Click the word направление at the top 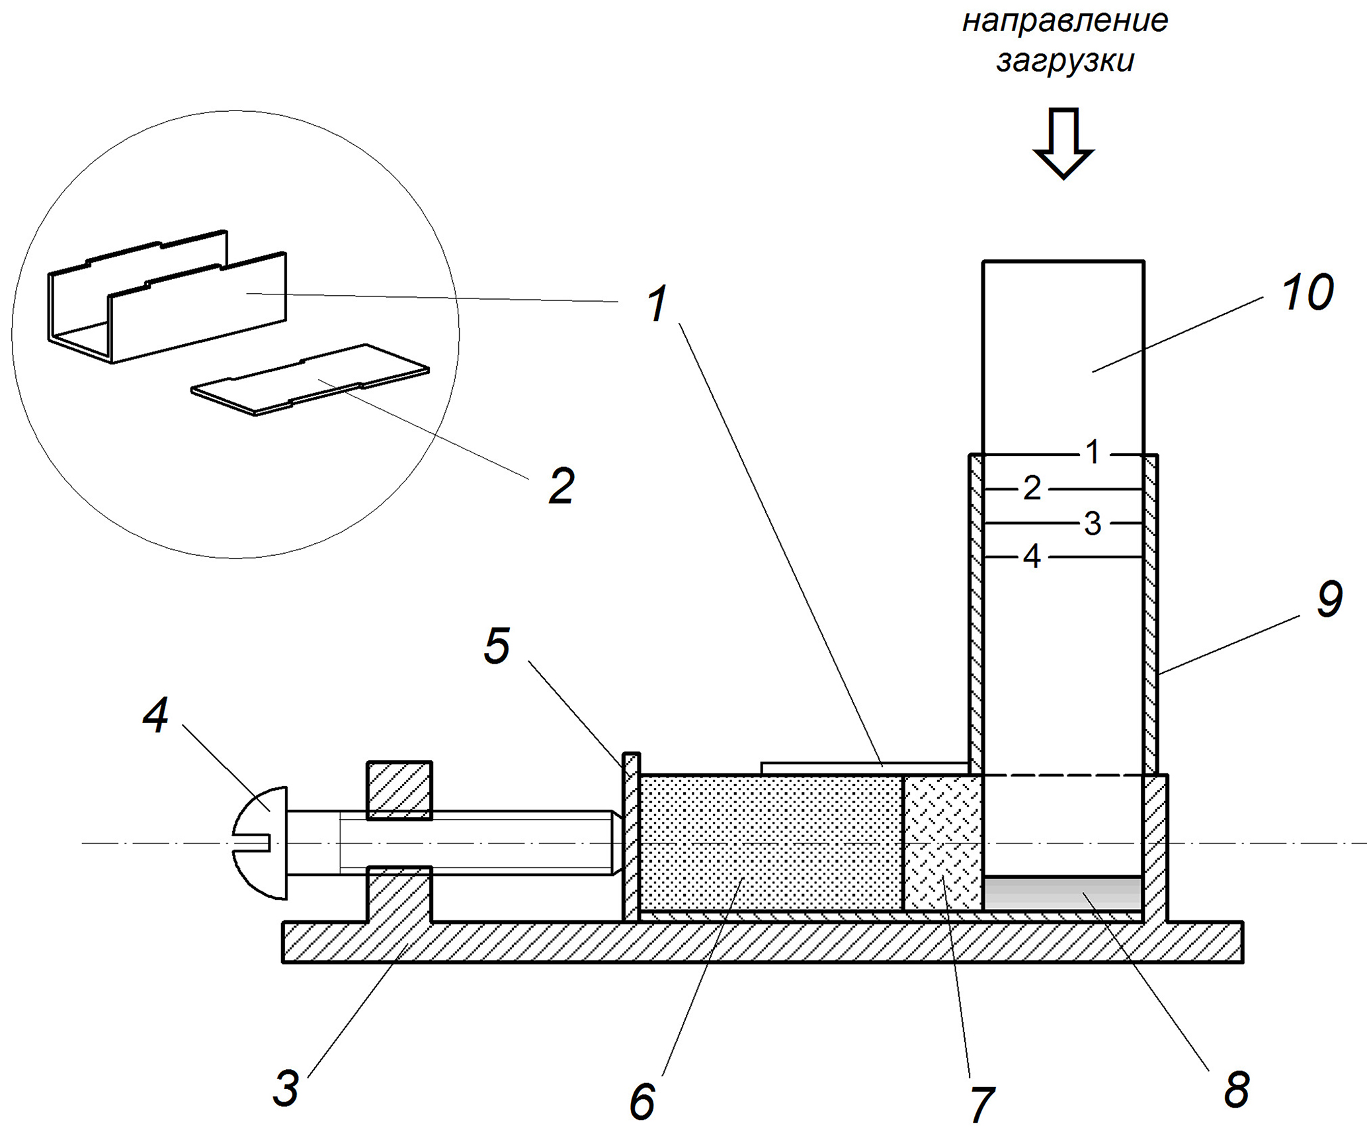(1065, 21)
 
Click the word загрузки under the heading (1065, 62)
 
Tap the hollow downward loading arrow (1063, 142)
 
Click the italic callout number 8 (1236, 1088)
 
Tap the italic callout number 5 (497, 645)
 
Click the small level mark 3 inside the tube (1093, 524)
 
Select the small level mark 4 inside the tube (1032, 557)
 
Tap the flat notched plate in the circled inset (311, 380)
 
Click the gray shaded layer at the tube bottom (1063, 893)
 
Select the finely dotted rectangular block (770, 843)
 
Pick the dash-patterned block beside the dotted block (942, 843)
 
